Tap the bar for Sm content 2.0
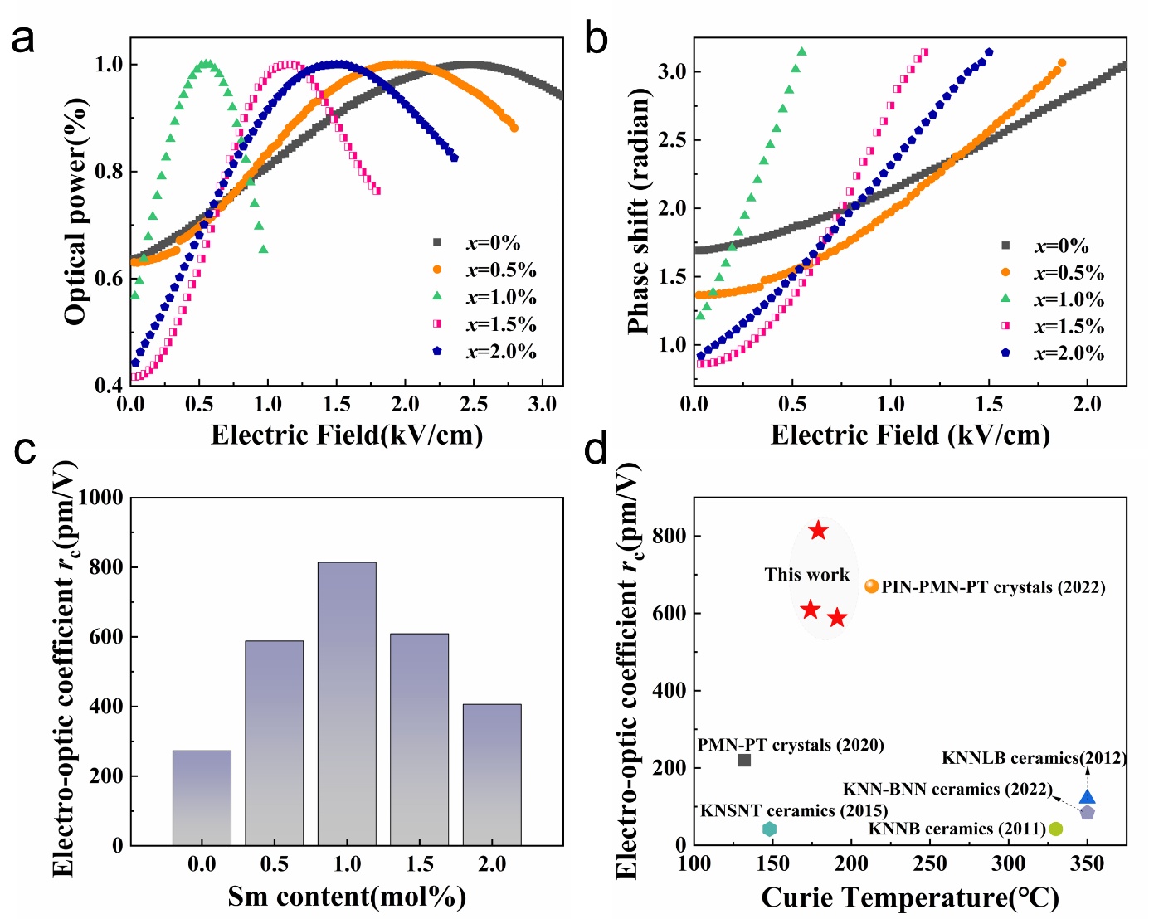(492, 775)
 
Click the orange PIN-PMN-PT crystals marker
(871, 586)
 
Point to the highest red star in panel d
(818, 531)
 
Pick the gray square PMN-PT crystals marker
(744, 760)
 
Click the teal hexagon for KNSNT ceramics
(769, 829)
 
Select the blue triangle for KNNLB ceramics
(1087, 797)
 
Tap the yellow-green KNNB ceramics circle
(1055, 829)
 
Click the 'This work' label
(807, 575)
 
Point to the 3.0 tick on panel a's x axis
(543, 404)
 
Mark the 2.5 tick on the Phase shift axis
(673, 140)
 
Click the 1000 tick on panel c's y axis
(100, 498)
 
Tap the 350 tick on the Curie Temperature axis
(1087, 864)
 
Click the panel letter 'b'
(596, 39)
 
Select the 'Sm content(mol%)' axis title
(347, 897)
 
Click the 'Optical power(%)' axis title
(76, 212)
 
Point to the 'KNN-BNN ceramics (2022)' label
(947, 789)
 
